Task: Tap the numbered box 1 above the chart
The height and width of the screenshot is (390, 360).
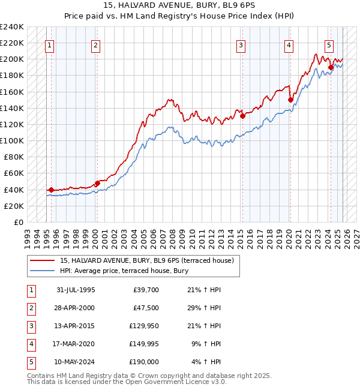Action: point(49,44)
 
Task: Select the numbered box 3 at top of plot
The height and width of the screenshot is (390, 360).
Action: point(241,44)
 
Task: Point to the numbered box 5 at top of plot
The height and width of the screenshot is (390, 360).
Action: point(329,44)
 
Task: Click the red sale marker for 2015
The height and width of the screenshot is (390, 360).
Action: point(243,116)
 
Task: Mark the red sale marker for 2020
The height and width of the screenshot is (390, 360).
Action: point(290,100)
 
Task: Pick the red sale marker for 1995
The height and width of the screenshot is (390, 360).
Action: point(52,190)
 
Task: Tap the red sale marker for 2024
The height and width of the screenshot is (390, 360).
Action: point(331,67)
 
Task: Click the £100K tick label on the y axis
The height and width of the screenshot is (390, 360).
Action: point(12,140)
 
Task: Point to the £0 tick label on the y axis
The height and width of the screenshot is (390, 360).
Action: point(18,222)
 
